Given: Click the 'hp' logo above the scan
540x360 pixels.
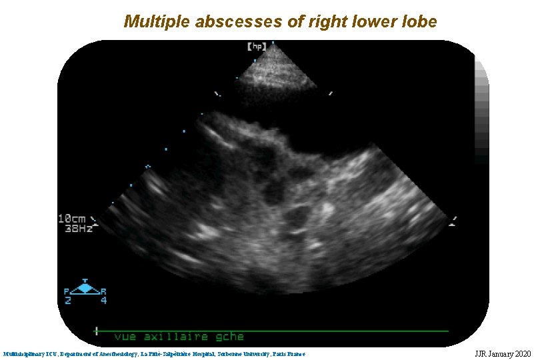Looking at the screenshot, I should [x=257, y=47].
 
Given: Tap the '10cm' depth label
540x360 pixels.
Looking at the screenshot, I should [x=73, y=219].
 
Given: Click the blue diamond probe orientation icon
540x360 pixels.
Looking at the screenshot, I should [x=85, y=288].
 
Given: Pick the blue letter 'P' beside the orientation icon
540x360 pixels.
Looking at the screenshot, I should [x=67, y=291].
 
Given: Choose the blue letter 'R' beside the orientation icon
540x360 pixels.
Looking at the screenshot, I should [x=103, y=291].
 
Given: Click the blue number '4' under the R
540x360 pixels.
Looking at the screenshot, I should [x=103, y=301].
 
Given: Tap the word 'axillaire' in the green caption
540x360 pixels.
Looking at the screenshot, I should [x=176, y=337].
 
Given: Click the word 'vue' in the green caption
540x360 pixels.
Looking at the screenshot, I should [x=126, y=337].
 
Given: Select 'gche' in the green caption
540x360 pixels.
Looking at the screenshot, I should [x=229, y=337].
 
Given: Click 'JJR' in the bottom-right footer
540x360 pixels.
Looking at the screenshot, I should [x=482, y=353].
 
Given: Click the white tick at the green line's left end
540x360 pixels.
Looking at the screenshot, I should [x=97, y=330].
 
